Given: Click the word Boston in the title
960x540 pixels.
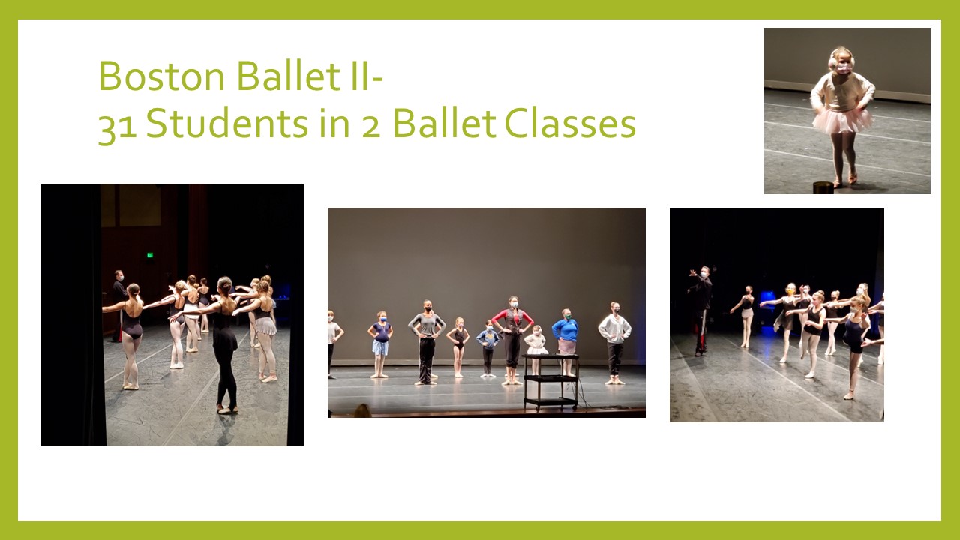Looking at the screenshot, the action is point(161,76).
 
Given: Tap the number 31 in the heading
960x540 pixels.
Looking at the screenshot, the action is point(118,127).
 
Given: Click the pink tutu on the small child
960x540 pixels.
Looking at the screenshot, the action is point(842,121).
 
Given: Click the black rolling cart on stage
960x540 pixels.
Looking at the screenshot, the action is point(550,381).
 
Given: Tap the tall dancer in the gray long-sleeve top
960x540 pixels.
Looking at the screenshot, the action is point(427,341).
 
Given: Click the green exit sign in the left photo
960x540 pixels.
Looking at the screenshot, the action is point(150,255).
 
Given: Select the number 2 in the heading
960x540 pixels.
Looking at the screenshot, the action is point(371,127).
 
